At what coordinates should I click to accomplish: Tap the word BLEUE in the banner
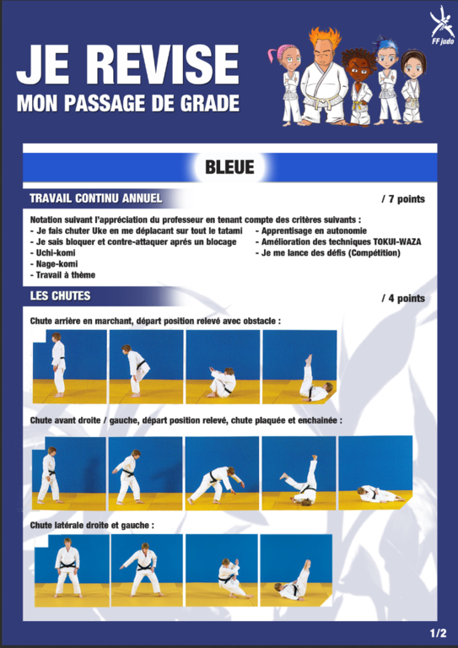click(229, 167)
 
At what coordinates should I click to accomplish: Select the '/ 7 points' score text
click(402, 199)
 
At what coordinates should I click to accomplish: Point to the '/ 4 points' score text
click(402, 299)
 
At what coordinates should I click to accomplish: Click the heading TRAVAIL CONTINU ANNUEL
click(96, 198)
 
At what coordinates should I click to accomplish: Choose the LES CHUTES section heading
click(60, 296)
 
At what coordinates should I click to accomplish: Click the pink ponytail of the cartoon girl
click(272, 55)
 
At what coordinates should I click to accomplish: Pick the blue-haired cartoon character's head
click(387, 55)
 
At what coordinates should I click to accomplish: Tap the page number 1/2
click(438, 633)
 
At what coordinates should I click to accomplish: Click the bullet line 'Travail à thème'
click(62, 275)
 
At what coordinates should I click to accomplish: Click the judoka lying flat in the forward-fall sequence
click(380, 494)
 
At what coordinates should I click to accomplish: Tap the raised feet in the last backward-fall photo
click(309, 359)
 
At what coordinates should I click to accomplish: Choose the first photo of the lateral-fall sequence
click(72, 570)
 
